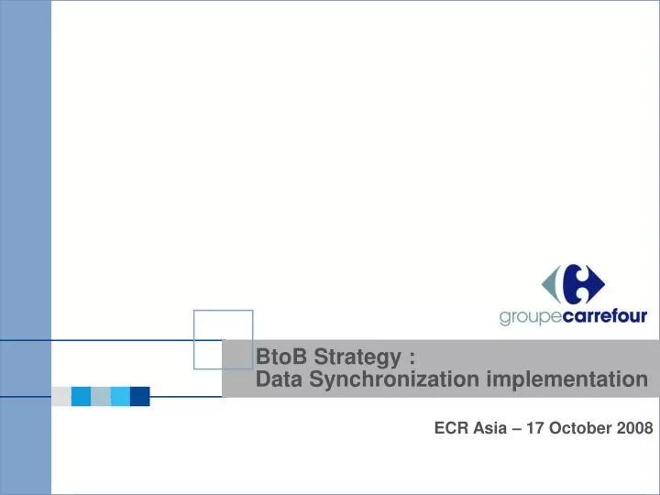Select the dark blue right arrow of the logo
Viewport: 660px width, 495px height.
click(594, 284)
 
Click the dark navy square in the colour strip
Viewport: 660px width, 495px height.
click(139, 396)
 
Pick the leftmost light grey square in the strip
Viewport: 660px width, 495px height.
click(61, 396)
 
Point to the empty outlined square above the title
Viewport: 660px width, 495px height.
click(223, 339)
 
